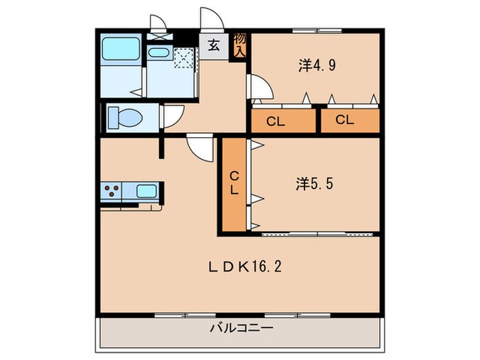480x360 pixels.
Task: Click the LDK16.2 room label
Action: pyautogui.click(x=245, y=267)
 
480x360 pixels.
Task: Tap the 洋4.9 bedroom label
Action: pyautogui.click(x=317, y=65)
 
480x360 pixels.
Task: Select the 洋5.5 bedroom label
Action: pyautogui.click(x=314, y=184)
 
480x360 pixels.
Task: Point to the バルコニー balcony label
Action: pyautogui.click(x=241, y=328)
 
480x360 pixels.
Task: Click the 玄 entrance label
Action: pyautogui.click(x=214, y=46)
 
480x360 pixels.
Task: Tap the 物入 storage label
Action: pyautogui.click(x=240, y=45)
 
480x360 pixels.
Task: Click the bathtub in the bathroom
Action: pyautogui.click(x=121, y=49)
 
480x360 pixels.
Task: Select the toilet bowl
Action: pyautogui.click(x=125, y=117)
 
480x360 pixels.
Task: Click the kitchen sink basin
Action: pyautogui.click(x=147, y=191)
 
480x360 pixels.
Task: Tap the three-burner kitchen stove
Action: pyautogui.click(x=111, y=191)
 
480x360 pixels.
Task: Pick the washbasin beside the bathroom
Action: pyautogui.click(x=158, y=52)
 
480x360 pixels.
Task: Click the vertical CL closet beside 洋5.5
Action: pyautogui.click(x=235, y=184)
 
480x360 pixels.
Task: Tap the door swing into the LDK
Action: pyautogui.click(x=200, y=148)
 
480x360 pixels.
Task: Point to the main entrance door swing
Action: pyautogui.click(x=212, y=19)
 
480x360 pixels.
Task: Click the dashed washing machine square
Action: pyautogui.click(x=184, y=58)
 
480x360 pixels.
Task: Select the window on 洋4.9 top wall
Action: pyautogui.click(x=317, y=30)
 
